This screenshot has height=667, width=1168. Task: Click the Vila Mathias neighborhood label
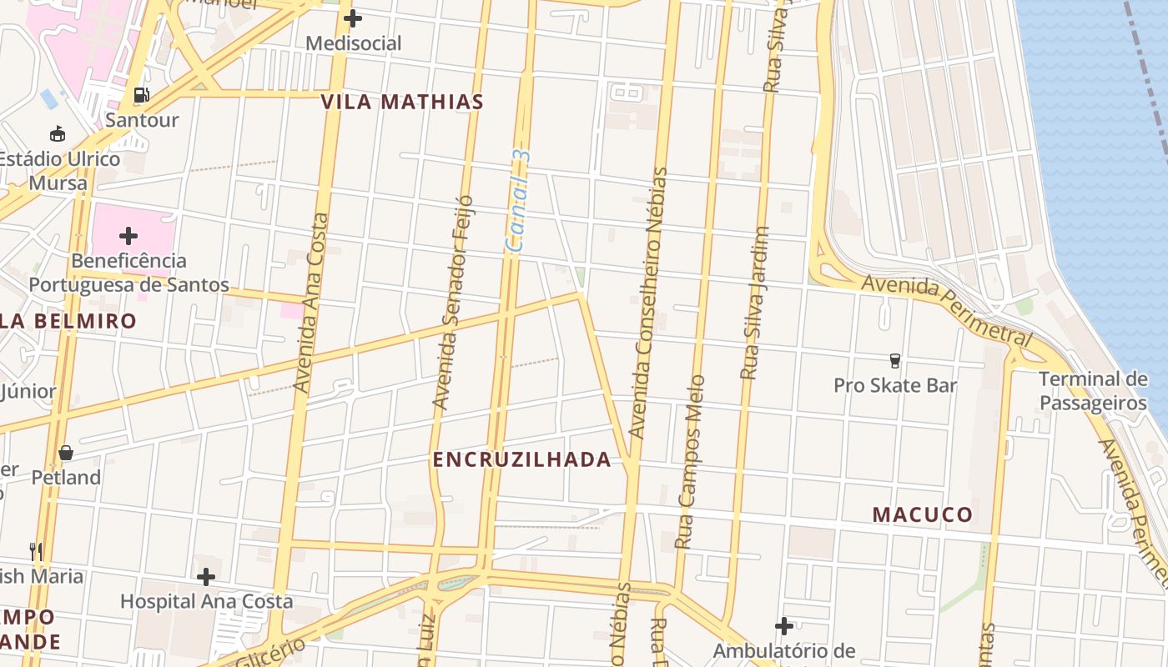[x=402, y=103]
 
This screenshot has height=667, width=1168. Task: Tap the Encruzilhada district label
[x=521, y=459]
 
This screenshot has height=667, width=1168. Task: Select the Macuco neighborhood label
[x=923, y=514]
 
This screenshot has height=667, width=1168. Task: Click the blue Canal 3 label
[x=519, y=201]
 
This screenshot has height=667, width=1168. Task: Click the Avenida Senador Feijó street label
[x=453, y=303]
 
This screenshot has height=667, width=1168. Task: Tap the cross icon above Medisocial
[x=353, y=18]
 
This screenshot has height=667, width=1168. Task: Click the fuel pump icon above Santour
[x=142, y=95]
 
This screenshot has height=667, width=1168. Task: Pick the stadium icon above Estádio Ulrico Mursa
[x=58, y=133]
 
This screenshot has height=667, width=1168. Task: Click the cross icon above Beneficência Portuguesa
[x=128, y=236]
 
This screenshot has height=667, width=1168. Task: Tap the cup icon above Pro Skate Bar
[x=895, y=360]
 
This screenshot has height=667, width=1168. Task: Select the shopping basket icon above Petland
[x=66, y=453]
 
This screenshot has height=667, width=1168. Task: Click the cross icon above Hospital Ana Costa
[x=206, y=576]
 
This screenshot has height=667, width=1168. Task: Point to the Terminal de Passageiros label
[x=1093, y=391]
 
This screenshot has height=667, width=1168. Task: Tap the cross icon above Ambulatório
[x=783, y=625]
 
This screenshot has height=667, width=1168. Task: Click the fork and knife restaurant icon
[x=36, y=551]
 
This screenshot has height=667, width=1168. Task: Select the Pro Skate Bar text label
[x=895, y=385]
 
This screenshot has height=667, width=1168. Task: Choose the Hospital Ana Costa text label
[x=206, y=601]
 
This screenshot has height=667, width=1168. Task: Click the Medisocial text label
[x=353, y=43]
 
